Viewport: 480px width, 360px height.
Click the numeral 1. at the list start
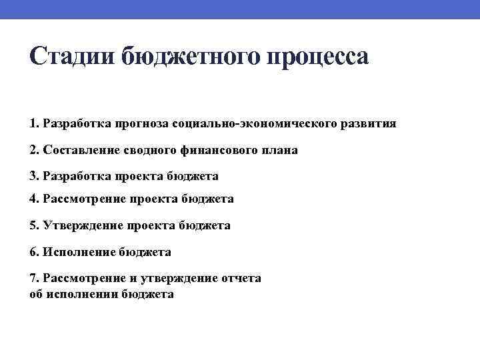(34, 123)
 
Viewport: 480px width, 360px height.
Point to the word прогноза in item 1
(141, 123)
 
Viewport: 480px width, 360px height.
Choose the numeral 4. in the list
(34, 199)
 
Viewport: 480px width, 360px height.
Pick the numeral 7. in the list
(34, 278)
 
